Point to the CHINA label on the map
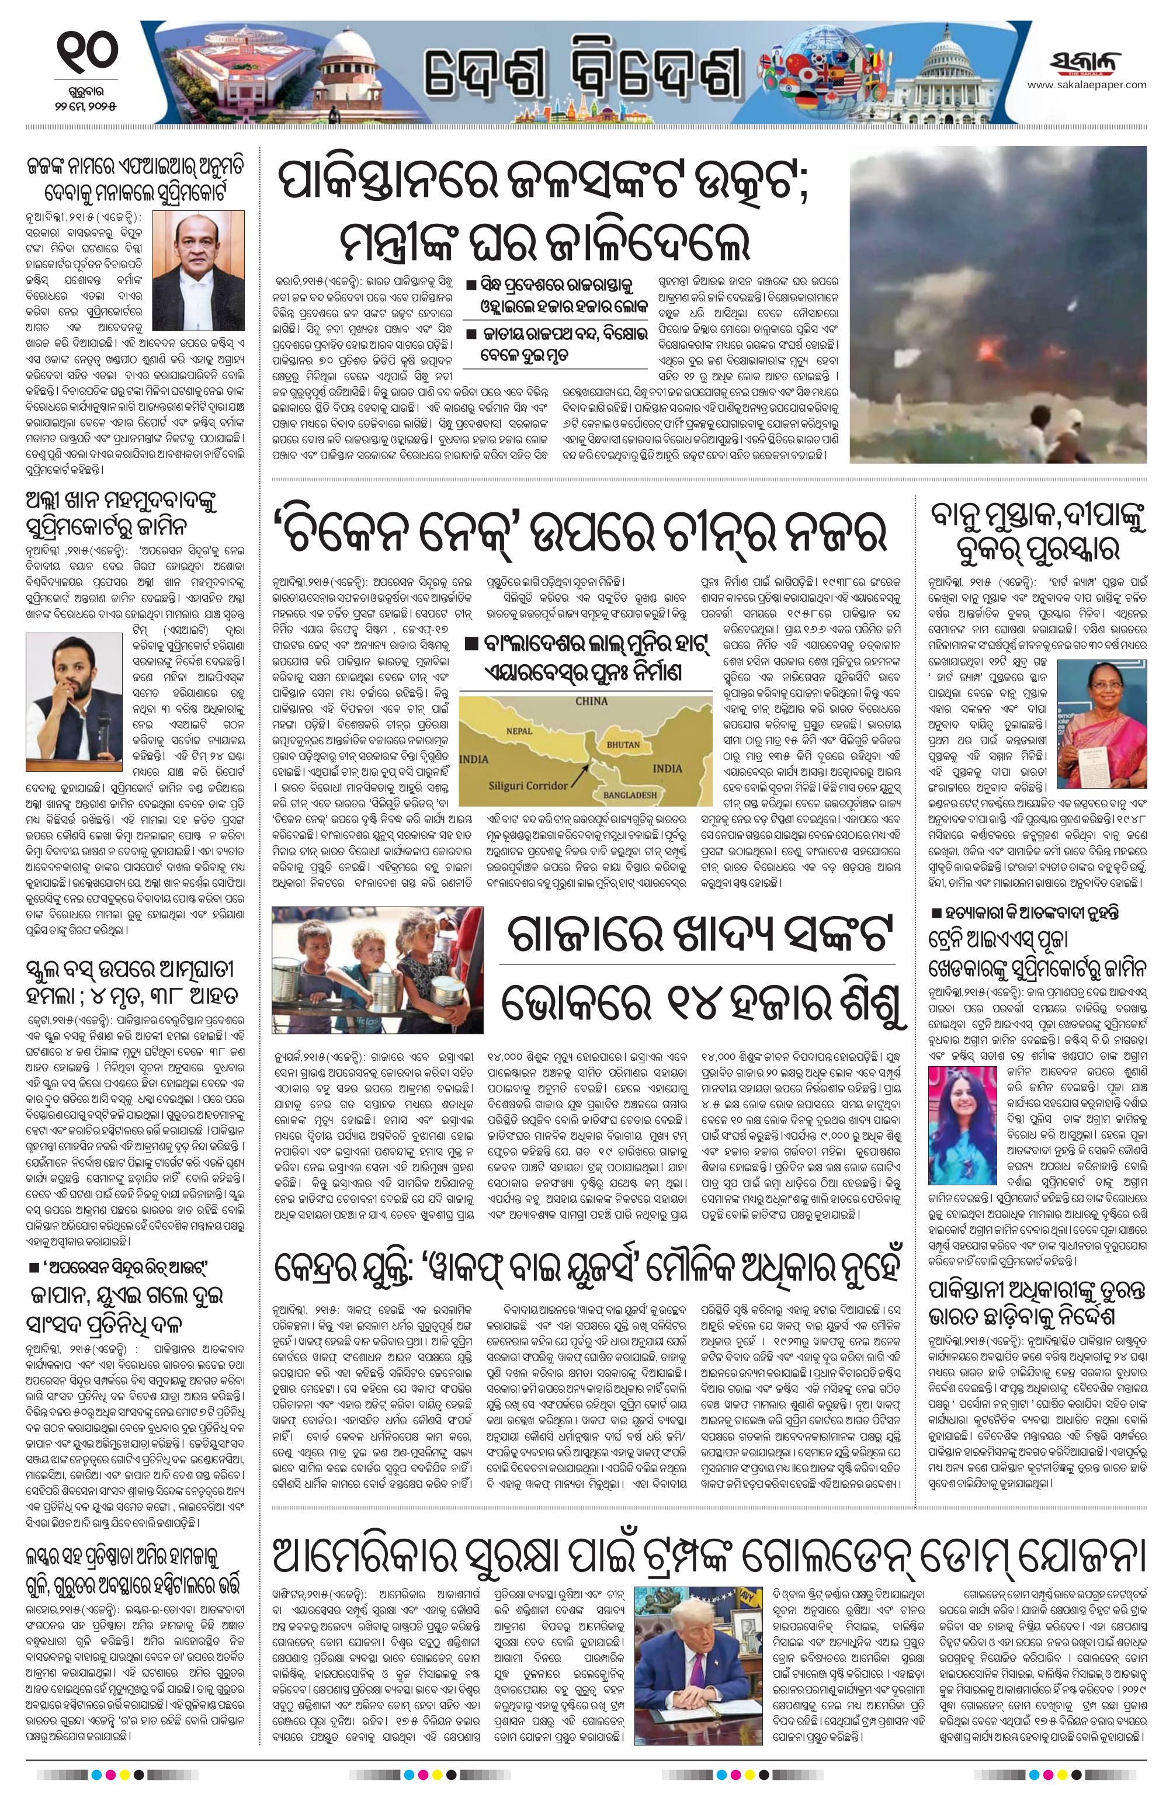point(591,701)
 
